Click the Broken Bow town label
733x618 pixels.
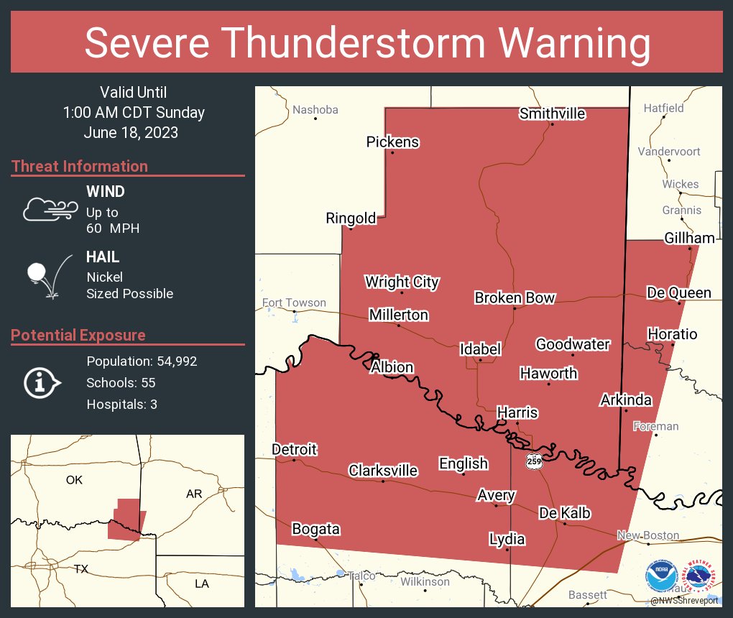pos(515,298)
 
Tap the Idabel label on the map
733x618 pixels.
pos(480,349)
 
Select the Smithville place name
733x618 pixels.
pos(552,114)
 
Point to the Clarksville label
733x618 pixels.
pos(382,471)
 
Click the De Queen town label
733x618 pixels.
pos(678,292)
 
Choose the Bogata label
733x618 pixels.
pos(315,530)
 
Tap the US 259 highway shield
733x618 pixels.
pos(533,460)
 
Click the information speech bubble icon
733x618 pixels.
pos(41,382)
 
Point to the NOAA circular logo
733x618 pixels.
pos(660,577)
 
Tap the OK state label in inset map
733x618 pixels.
pos(74,480)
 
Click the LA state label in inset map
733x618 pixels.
pos(202,584)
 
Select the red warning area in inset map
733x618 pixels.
pos(125,521)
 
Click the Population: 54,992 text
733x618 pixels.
pos(142,361)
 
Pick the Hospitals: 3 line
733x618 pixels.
pos(121,404)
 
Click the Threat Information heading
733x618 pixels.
pos(80,166)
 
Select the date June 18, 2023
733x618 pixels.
pos(131,133)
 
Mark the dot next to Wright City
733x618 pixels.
pos(402,292)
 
